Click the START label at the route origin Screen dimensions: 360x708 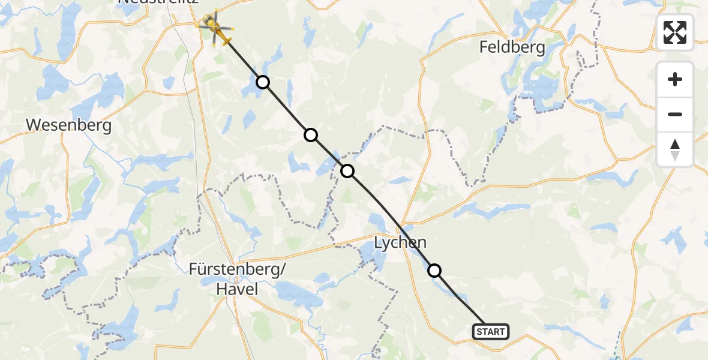[491, 332]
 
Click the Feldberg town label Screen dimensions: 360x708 [512, 47]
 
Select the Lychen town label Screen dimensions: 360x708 [400, 243]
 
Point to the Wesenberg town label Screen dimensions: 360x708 [69, 126]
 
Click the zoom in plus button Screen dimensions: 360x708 [675, 79]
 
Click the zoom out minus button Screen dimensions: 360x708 [675, 114]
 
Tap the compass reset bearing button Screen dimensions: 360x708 [675, 149]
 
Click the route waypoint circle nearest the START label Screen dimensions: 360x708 [434, 271]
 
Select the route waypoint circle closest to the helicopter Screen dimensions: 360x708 [262, 82]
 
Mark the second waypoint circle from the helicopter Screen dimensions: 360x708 [310, 135]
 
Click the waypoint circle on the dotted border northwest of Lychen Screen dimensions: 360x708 [347, 172]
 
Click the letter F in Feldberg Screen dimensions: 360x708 [484, 47]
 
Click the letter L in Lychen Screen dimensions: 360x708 [379, 243]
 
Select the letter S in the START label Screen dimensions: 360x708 [480, 332]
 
